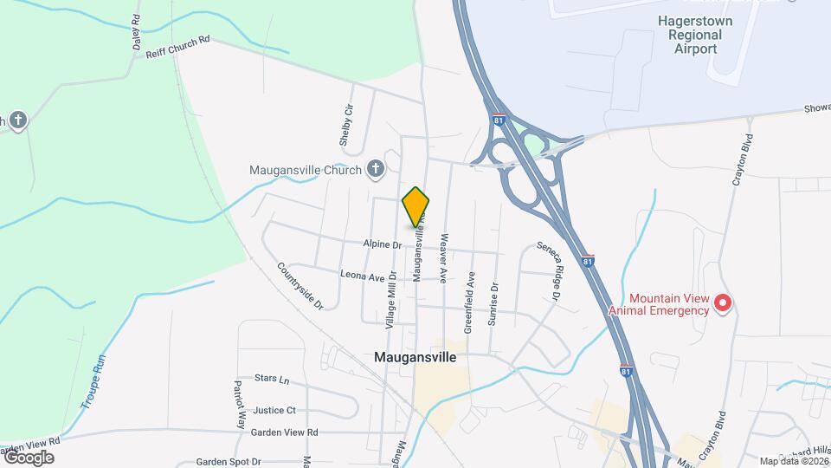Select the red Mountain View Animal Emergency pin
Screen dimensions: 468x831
723,303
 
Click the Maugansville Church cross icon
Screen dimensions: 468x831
375,169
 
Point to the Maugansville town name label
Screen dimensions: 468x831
415,356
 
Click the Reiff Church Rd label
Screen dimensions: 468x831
178,46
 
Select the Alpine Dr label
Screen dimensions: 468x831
383,245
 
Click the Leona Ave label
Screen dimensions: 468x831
362,276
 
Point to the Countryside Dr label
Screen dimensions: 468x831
300,286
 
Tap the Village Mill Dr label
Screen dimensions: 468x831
391,299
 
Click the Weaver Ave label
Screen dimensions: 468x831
443,258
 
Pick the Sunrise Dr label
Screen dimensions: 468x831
494,303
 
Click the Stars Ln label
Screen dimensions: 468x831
272,379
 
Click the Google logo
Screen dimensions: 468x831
29,457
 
